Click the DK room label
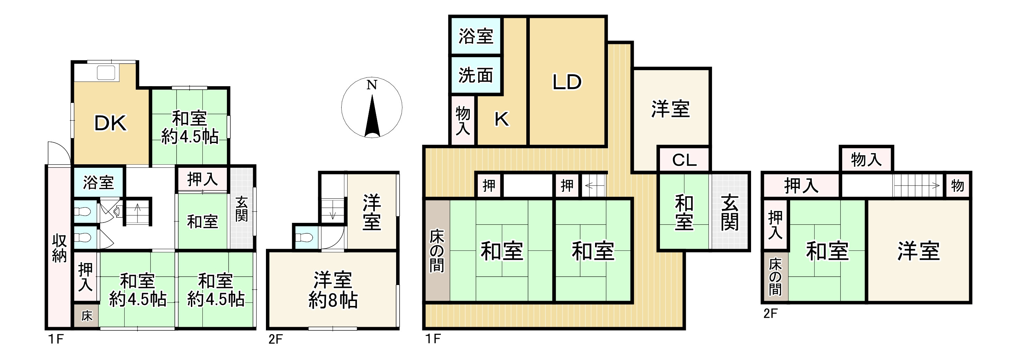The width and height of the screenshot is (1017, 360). coord(111,123)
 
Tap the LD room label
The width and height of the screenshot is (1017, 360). coord(566,82)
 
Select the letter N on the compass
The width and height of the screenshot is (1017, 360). coord(371,85)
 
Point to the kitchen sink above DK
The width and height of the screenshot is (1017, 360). coord(106,73)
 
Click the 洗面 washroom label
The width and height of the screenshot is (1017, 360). coord(476,75)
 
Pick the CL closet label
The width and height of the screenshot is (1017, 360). coord(684,160)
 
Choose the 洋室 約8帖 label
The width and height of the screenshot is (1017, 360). coord(333,290)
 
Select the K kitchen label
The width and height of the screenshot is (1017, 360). coord(502,119)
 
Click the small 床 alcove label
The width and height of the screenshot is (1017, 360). coord(87,316)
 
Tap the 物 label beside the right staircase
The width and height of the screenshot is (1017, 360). coord(957,185)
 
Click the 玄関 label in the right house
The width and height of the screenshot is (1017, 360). coord(729,212)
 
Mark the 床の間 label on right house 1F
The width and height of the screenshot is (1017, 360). coord(437,251)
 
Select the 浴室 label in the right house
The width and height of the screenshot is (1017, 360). coord(476,36)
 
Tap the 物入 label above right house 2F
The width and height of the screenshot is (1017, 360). coord(866,159)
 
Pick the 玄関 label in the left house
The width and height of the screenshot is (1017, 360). coord(242,209)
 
